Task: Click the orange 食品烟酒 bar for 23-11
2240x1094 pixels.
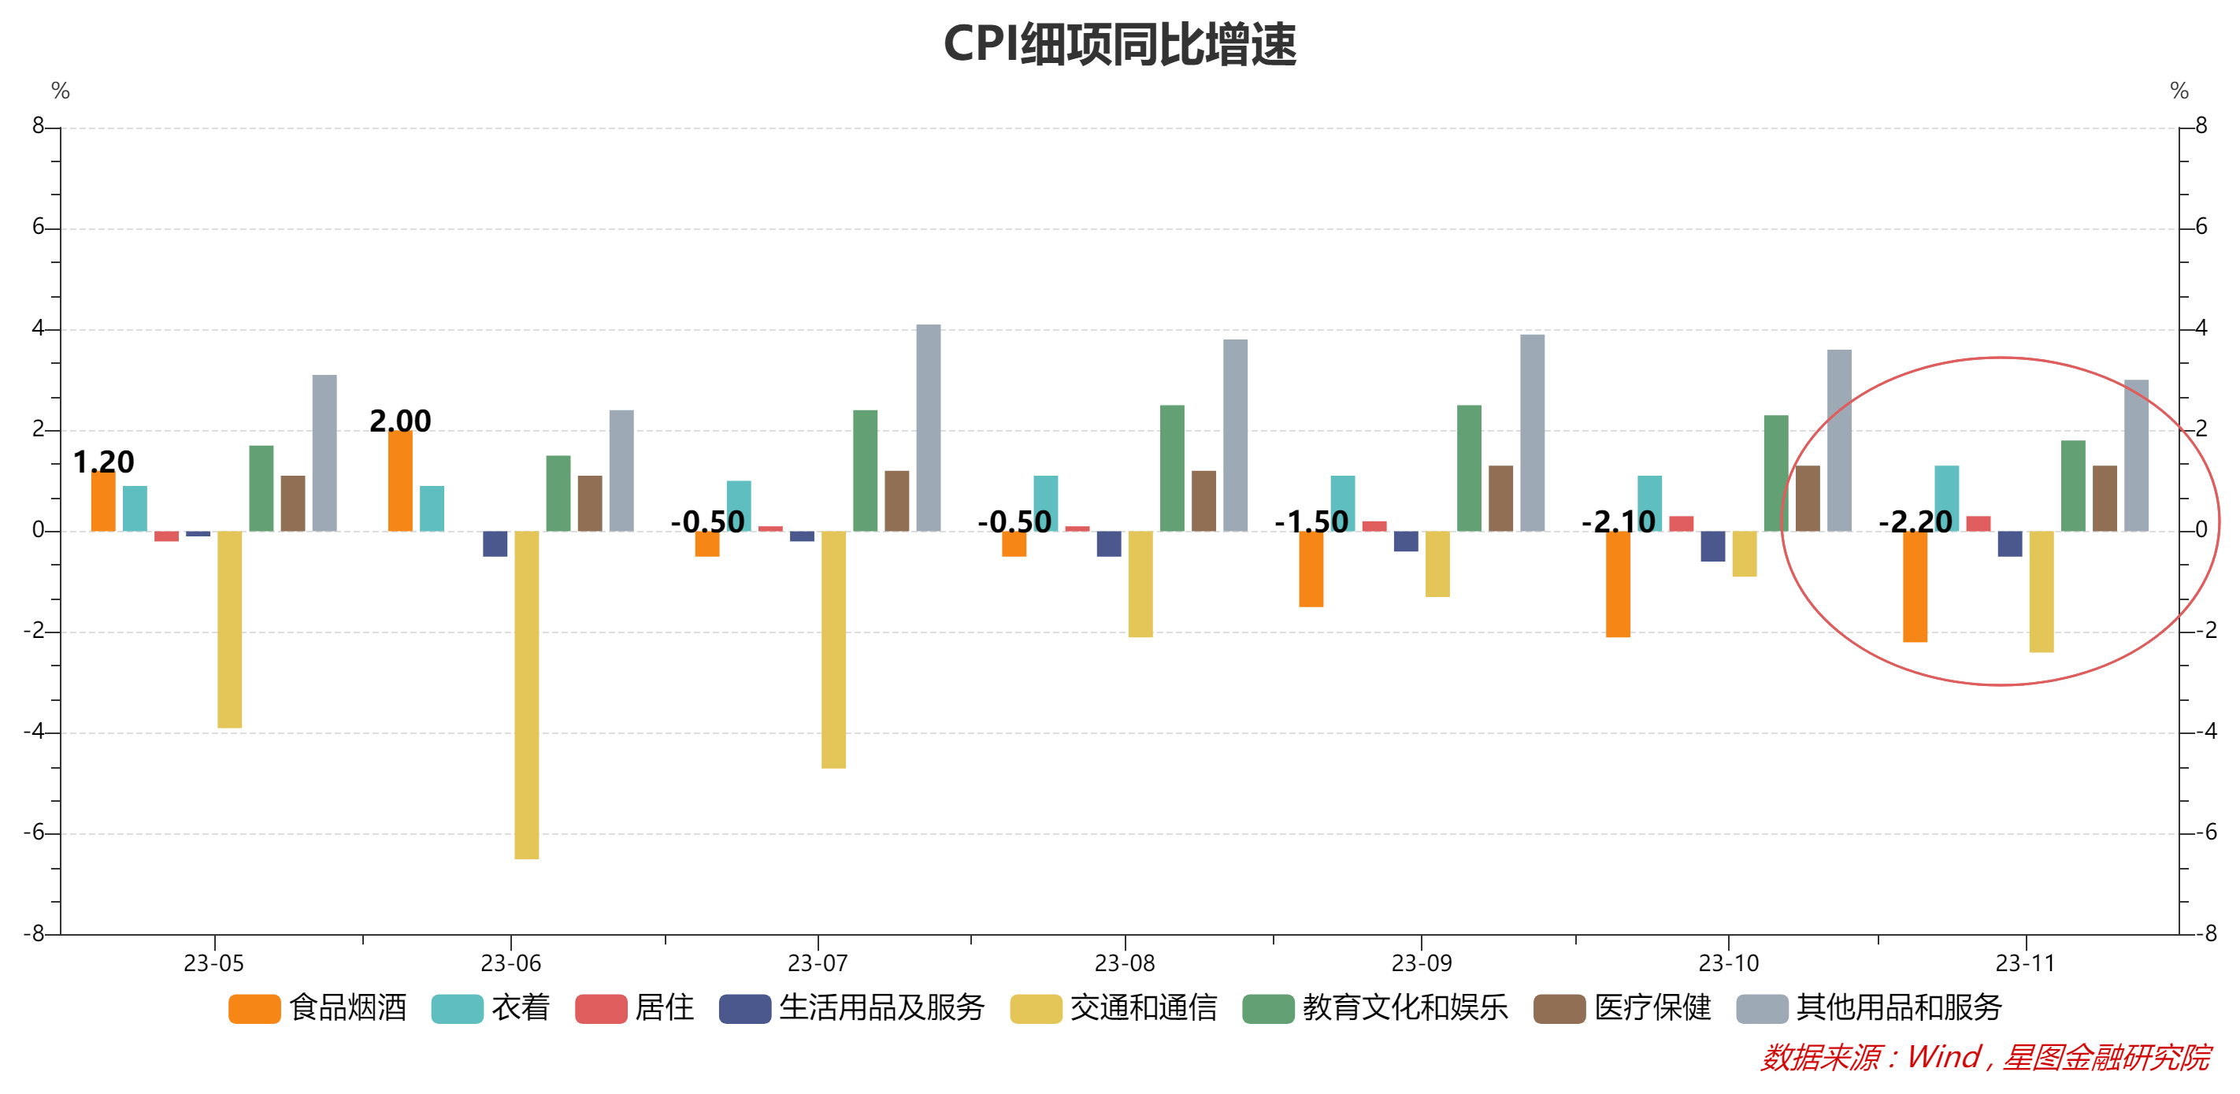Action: click(1914, 586)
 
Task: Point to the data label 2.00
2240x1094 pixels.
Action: click(400, 421)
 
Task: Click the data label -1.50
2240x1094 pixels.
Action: click(1311, 521)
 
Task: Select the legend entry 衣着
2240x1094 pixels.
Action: click(491, 1008)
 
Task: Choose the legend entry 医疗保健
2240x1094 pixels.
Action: click(1623, 1008)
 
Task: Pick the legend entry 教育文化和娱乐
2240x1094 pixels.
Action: click(1376, 1008)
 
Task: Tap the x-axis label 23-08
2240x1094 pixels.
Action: click(1125, 963)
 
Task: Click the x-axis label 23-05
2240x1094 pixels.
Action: click(214, 963)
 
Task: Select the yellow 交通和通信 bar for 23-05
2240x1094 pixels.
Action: click(229, 629)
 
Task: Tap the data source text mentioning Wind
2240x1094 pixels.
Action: click(1984, 1058)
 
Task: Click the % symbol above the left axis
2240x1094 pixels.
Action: click(60, 91)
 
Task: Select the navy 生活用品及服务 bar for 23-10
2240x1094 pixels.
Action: click(1712, 545)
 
